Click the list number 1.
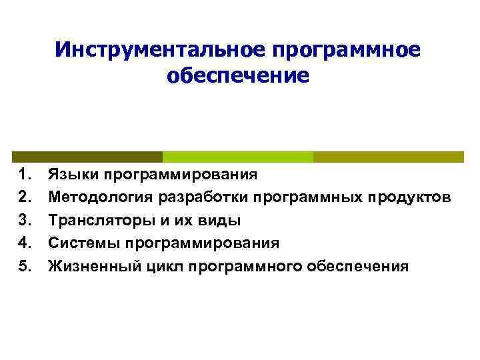tap(25, 175)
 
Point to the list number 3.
tap(25, 221)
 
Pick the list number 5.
tap(25, 267)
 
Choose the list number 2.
tap(25, 198)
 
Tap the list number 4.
tap(25, 243)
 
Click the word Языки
tap(73, 175)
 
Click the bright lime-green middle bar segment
tap(238, 157)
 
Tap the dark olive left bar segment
tap(87, 157)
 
